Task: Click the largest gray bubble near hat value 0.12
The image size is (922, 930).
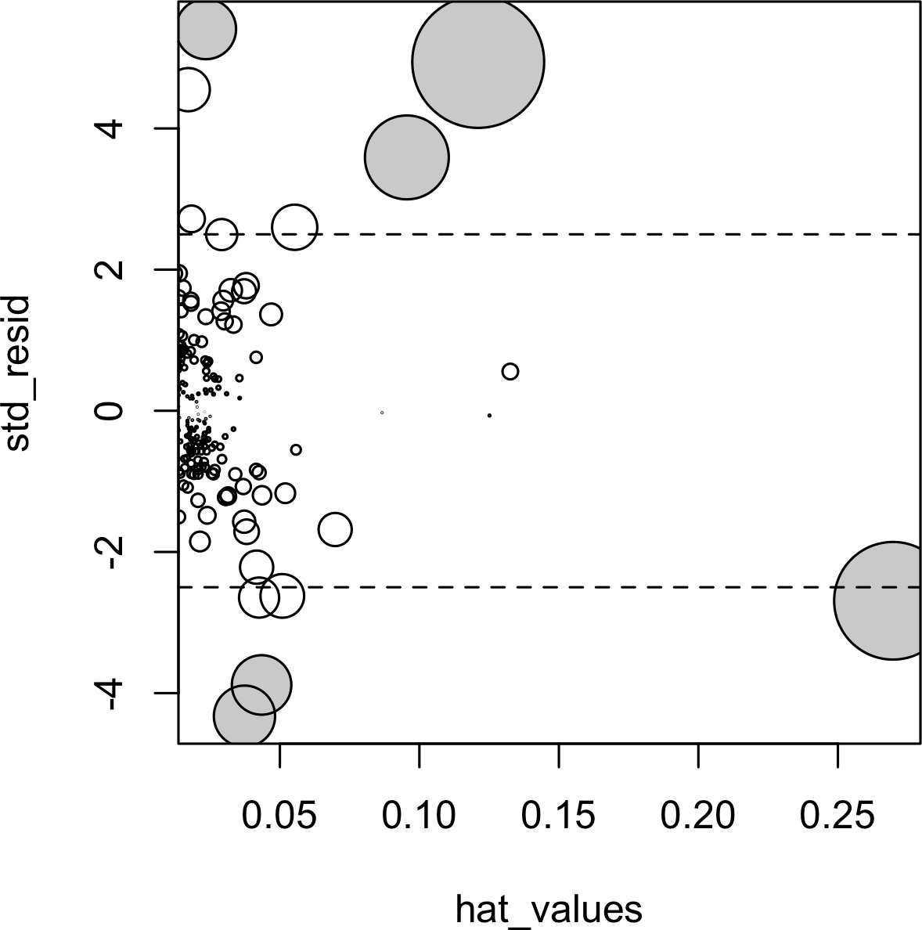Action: (477, 61)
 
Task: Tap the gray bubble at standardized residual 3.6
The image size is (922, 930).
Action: (406, 157)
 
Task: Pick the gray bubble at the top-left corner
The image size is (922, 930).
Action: (207, 29)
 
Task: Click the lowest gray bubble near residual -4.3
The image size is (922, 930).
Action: (244, 716)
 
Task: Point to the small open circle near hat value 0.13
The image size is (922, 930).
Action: (510, 371)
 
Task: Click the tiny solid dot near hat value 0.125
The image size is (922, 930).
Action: (489, 415)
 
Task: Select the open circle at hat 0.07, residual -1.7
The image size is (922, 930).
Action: (335, 529)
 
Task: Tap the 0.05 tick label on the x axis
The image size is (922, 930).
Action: (279, 816)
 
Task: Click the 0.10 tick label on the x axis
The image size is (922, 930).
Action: (420, 816)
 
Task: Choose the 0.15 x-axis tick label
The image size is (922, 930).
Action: (559, 816)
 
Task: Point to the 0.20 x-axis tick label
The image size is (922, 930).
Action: (698, 816)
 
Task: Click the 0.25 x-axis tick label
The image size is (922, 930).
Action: (837, 816)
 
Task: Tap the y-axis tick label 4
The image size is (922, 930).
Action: (106, 128)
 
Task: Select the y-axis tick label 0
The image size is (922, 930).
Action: (106, 411)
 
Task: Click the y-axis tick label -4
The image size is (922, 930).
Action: (106, 694)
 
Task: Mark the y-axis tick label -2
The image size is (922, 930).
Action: (106, 552)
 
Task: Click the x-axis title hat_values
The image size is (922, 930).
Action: (549, 909)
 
